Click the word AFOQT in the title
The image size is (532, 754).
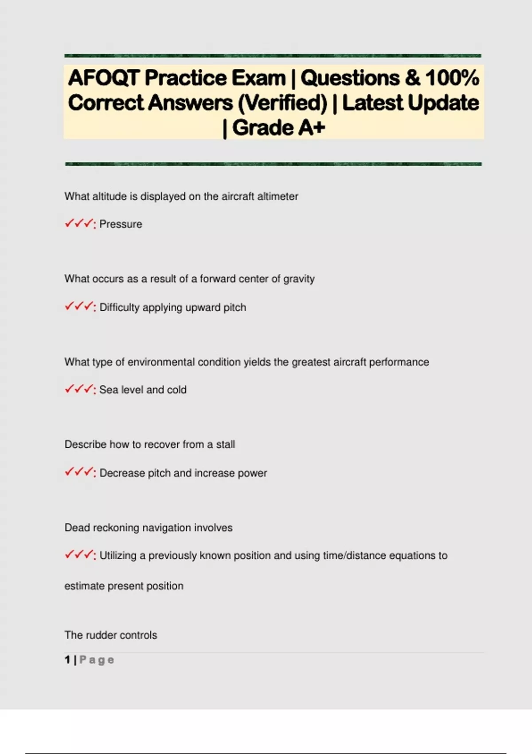[104, 78]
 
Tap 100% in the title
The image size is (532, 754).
[452, 78]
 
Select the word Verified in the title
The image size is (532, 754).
[282, 103]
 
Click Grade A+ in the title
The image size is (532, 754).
[278, 128]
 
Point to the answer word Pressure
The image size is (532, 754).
[121, 224]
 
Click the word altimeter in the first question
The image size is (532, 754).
[278, 196]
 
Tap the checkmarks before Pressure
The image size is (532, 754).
[79, 224]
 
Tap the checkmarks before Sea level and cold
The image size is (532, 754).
[79, 389]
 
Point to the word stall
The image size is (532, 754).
[225, 444]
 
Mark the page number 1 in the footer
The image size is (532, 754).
[67, 660]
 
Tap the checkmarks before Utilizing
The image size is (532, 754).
[79, 555]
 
